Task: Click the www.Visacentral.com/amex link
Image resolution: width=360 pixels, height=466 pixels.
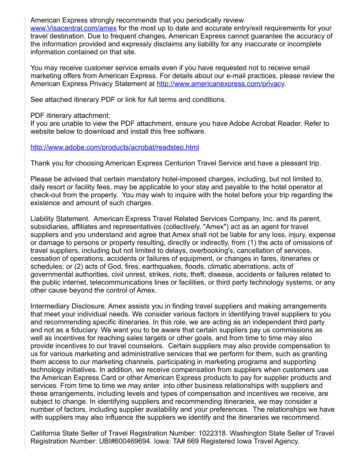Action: click(73, 28)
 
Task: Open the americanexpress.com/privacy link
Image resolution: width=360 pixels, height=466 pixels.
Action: click(221, 84)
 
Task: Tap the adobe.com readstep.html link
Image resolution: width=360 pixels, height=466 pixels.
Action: click(115, 147)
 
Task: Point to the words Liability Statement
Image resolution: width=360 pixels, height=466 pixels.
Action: click(60, 219)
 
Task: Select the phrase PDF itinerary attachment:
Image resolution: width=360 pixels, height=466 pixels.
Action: click(70, 116)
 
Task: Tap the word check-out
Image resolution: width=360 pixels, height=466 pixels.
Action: click(47, 195)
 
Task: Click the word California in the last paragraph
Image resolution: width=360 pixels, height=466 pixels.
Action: click(46, 433)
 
